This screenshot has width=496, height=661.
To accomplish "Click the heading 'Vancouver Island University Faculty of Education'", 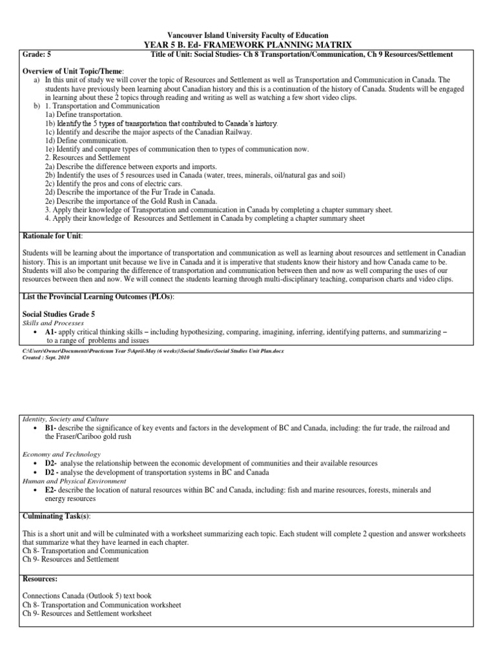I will click(248, 35).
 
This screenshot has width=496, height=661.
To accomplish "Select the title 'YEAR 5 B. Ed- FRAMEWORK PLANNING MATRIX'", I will click(248, 45).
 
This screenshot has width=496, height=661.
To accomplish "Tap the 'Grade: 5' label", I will click(37, 54).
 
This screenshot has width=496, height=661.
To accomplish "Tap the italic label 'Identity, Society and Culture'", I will click(66, 419).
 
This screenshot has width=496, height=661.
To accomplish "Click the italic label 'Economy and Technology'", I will click(62, 454).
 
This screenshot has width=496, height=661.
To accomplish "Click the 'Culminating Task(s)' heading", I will click(57, 516).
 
